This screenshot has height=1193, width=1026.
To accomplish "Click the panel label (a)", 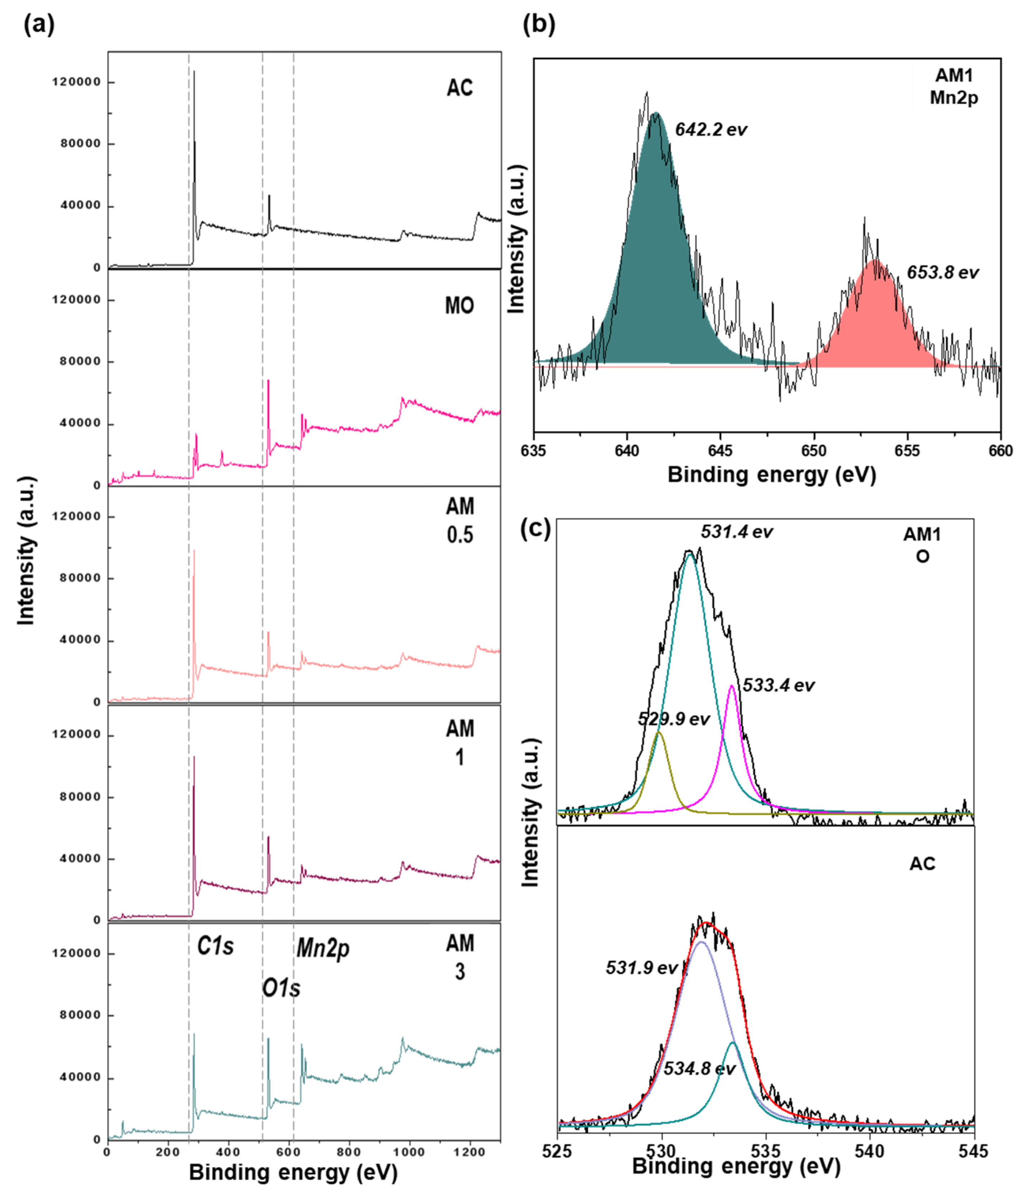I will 39,26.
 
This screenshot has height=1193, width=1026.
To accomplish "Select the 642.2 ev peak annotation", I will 710,130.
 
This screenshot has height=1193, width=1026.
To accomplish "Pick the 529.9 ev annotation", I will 673,719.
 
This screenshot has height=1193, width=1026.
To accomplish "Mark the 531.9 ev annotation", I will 641,968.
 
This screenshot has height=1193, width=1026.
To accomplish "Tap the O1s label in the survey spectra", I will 281,988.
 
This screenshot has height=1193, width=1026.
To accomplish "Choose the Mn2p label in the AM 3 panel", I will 323,948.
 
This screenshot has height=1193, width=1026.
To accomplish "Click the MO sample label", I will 459,306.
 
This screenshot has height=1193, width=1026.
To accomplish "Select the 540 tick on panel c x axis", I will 870,1152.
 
